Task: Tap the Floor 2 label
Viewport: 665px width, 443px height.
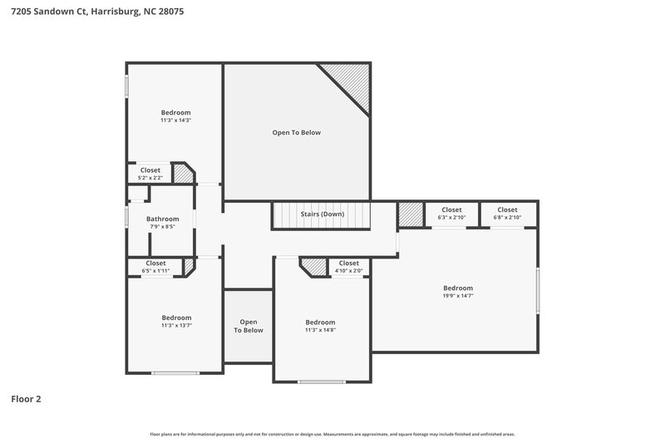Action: (26, 399)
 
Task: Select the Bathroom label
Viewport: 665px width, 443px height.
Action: (164, 219)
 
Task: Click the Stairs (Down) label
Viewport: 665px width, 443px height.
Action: (322, 214)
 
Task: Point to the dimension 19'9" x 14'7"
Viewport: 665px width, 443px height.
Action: (457, 295)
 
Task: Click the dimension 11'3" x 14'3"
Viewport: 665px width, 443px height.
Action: (175, 121)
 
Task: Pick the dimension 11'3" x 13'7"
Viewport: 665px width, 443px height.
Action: (176, 325)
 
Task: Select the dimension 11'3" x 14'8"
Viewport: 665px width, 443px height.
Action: (320, 330)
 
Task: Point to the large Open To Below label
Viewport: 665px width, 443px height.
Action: (297, 132)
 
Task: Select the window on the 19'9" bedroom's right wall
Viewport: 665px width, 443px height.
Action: (538, 291)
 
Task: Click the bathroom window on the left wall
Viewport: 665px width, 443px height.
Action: (126, 217)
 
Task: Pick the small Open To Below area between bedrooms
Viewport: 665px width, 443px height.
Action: (249, 326)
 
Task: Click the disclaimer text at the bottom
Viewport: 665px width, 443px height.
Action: (332, 434)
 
